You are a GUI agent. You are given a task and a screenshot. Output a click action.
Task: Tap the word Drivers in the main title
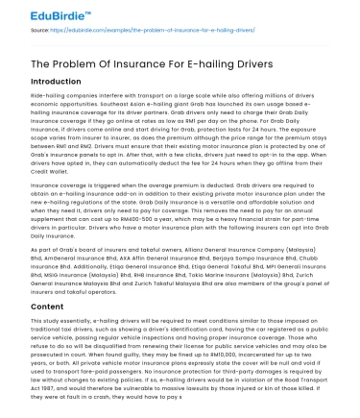pos(246,64)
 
